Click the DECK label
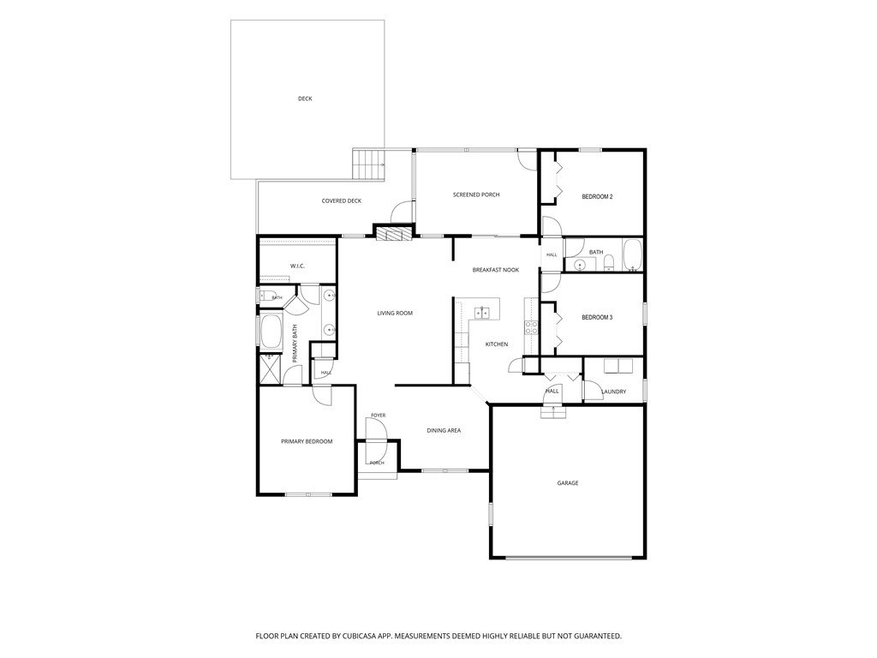[305, 99]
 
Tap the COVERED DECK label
[341, 200]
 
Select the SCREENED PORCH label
[476, 194]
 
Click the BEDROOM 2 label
[597, 197]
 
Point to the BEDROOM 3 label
[597, 317]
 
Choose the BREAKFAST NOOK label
[496, 270]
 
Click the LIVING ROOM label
[395, 314]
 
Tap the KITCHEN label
[497, 344]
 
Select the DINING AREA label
[444, 430]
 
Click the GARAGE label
[568, 483]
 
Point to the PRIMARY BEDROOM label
[307, 441]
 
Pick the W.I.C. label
[297, 266]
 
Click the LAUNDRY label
[613, 392]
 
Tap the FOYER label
[378, 416]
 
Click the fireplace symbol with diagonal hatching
[392, 233]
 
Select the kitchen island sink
[482, 312]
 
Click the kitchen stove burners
[531, 327]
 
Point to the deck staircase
[368, 164]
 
